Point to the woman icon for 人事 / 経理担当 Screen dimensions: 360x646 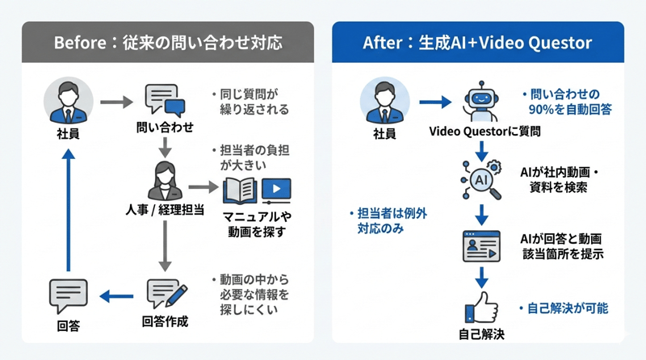(x=165, y=182)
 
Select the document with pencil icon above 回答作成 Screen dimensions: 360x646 (x=166, y=295)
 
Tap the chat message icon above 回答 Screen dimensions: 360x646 (x=68, y=295)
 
